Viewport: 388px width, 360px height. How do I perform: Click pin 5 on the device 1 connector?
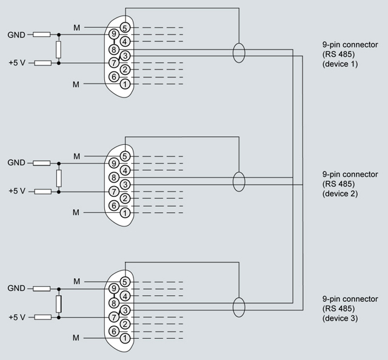click(124, 28)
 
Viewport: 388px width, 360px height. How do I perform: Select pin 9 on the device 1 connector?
click(113, 35)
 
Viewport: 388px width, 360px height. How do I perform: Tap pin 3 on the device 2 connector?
click(124, 184)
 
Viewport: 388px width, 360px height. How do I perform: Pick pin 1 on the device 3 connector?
click(124, 338)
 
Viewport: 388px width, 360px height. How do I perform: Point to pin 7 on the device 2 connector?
click(113, 192)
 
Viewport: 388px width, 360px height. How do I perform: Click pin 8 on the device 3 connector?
click(113, 303)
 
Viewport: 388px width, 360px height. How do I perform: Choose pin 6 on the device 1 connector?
click(113, 77)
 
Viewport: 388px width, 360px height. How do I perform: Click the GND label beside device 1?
click(16, 35)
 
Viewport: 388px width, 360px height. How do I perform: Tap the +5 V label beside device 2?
click(17, 192)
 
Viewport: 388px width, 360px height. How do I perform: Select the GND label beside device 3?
click(16, 288)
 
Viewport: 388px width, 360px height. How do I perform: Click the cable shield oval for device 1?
click(239, 53)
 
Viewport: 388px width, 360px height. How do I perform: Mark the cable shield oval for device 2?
click(239, 181)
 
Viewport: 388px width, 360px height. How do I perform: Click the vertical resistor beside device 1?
click(59, 49)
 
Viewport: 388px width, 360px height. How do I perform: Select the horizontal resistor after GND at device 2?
click(42, 163)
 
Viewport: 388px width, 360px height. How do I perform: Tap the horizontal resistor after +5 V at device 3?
click(42, 317)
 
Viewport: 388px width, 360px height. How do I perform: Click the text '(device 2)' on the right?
click(341, 194)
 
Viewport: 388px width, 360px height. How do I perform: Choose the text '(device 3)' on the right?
click(341, 318)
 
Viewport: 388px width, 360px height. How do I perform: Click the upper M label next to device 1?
click(76, 28)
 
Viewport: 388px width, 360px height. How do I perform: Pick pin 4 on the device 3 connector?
click(124, 296)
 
